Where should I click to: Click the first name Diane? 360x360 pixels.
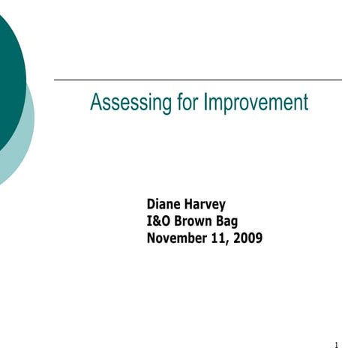click(163, 205)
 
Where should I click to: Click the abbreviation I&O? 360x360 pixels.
click(159, 221)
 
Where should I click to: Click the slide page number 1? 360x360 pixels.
click(337, 346)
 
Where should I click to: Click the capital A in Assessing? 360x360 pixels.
click(94, 103)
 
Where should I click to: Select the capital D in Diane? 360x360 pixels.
click(151, 205)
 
